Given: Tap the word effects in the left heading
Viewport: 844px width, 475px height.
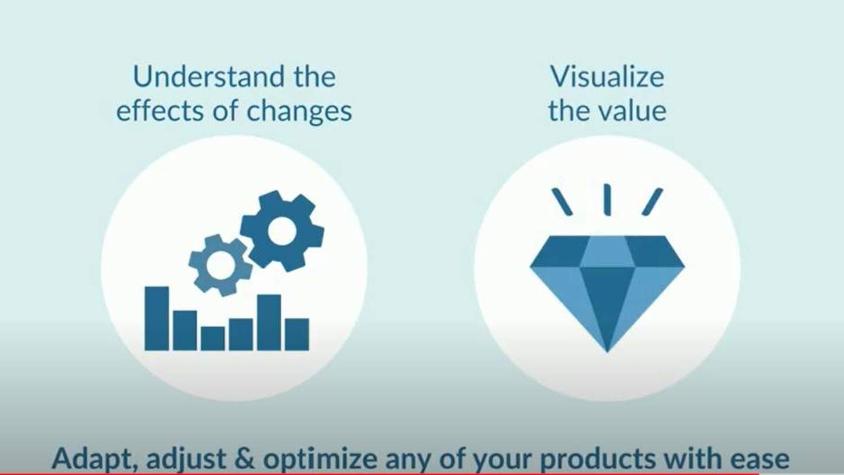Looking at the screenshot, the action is [161, 111].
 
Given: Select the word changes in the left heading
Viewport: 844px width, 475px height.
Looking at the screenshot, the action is [299, 112].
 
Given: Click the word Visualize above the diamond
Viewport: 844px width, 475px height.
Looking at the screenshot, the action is [607, 77].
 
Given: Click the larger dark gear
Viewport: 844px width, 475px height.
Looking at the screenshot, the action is [282, 231].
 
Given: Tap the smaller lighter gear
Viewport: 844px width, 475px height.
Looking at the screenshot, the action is [221, 265].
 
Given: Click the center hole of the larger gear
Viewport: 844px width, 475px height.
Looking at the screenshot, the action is [281, 230].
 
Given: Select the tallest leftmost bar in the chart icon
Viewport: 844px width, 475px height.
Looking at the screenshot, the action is [156, 318].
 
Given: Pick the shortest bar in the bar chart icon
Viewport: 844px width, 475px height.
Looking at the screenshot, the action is [213, 338].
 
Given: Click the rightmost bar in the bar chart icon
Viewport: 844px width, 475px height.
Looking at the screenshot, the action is [297, 335].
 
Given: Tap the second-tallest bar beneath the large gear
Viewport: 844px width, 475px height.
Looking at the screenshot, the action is [269, 323].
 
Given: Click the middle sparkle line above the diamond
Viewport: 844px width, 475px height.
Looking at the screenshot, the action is [607, 200].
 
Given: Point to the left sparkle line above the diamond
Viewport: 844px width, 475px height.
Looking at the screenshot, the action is [562, 202].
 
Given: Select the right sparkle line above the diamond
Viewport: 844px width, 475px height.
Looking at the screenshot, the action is [652, 202].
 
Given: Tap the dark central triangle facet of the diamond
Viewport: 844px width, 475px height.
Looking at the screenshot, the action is [607, 298].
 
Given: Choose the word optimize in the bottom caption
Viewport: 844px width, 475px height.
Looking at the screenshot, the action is [320, 460].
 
